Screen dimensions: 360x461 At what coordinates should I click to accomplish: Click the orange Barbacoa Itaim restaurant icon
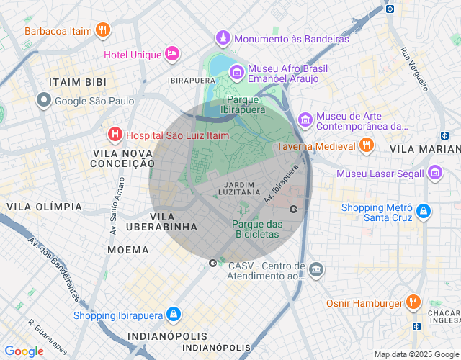pyautogui.click(x=104, y=30)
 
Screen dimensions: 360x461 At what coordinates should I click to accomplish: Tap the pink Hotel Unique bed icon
pyautogui.click(x=171, y=54)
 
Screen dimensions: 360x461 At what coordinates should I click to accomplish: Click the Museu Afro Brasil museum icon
pyautogui.click(x=236, y=72)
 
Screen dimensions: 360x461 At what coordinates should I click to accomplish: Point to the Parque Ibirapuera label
pyautogui.click(x=246, y=104)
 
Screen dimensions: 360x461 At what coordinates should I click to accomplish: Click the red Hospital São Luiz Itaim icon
pyautogui.click(x=115, y=135)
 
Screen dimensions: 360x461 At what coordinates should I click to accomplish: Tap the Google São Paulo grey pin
pyautogui.click(x=44, y=101)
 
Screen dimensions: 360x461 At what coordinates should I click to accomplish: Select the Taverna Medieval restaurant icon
pyautogui.click(x=367, y=145)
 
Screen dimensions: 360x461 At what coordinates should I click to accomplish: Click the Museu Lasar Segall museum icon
pyautogui.click(x=434, y=174)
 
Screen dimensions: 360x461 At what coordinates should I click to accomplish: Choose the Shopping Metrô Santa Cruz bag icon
pyautogui.click(x=424, y=212)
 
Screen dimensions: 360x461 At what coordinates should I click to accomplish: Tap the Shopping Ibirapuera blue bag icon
pyautogui.click(x=173, y=315)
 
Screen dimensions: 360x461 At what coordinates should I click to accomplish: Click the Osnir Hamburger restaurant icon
pyautogui.click(x=413, y=303)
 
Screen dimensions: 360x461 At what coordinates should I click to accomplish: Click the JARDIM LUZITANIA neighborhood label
pyautogui.click(x=238, y=187)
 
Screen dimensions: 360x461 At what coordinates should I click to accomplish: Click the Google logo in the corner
pyautogui.click(x=24, y=351)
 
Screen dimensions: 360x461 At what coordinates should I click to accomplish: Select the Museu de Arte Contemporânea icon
pyautogui.click(x=305, y=119)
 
